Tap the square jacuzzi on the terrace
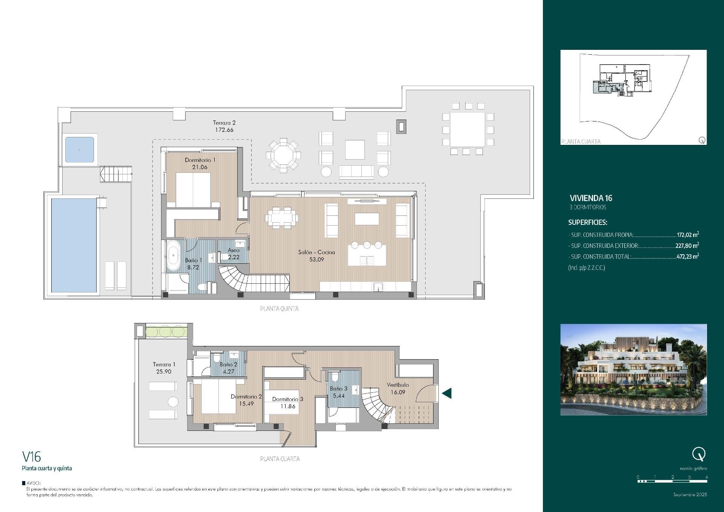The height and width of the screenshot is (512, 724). tap(79, 149)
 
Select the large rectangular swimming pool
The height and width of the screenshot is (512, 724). tap(74, 245)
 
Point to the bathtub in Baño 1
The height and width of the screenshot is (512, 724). tap(173, 255)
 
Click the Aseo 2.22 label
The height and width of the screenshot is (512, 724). tap(234, 254)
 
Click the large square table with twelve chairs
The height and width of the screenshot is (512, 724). tap(467, 129)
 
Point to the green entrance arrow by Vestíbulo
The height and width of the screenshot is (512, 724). tap(447, 393)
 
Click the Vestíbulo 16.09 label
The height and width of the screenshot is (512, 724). tap(398, 388)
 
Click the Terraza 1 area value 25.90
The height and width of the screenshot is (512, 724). tap(164, 371)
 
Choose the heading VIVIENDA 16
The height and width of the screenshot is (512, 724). tap(591, 198)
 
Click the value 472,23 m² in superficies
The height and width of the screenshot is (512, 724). tap(687, 257)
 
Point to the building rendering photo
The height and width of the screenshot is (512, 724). tap(633, 369)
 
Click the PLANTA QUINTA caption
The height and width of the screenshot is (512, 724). tap(279, 309)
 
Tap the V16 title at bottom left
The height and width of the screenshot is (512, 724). tap(32, 457)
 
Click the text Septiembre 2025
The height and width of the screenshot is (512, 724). tap(690, 494)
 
